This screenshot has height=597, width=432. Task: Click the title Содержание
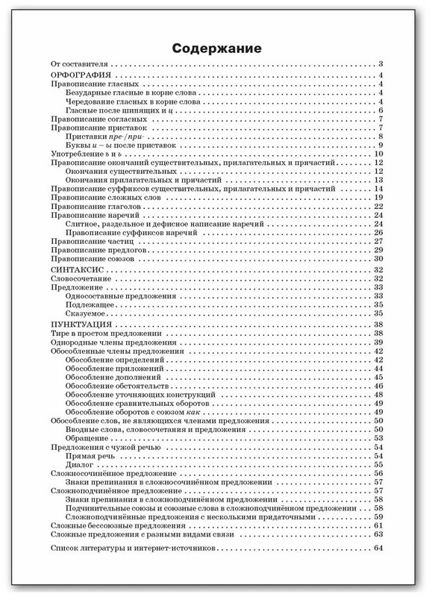[x=216, y=49]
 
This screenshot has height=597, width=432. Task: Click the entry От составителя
[x=78, y=65]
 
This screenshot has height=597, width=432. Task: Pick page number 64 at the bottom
[x=378, y=548]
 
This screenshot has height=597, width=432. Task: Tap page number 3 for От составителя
[x=380, y=65]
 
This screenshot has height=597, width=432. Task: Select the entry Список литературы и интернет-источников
[x=131, y=548]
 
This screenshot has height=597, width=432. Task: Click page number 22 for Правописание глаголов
[x=378, y=206]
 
